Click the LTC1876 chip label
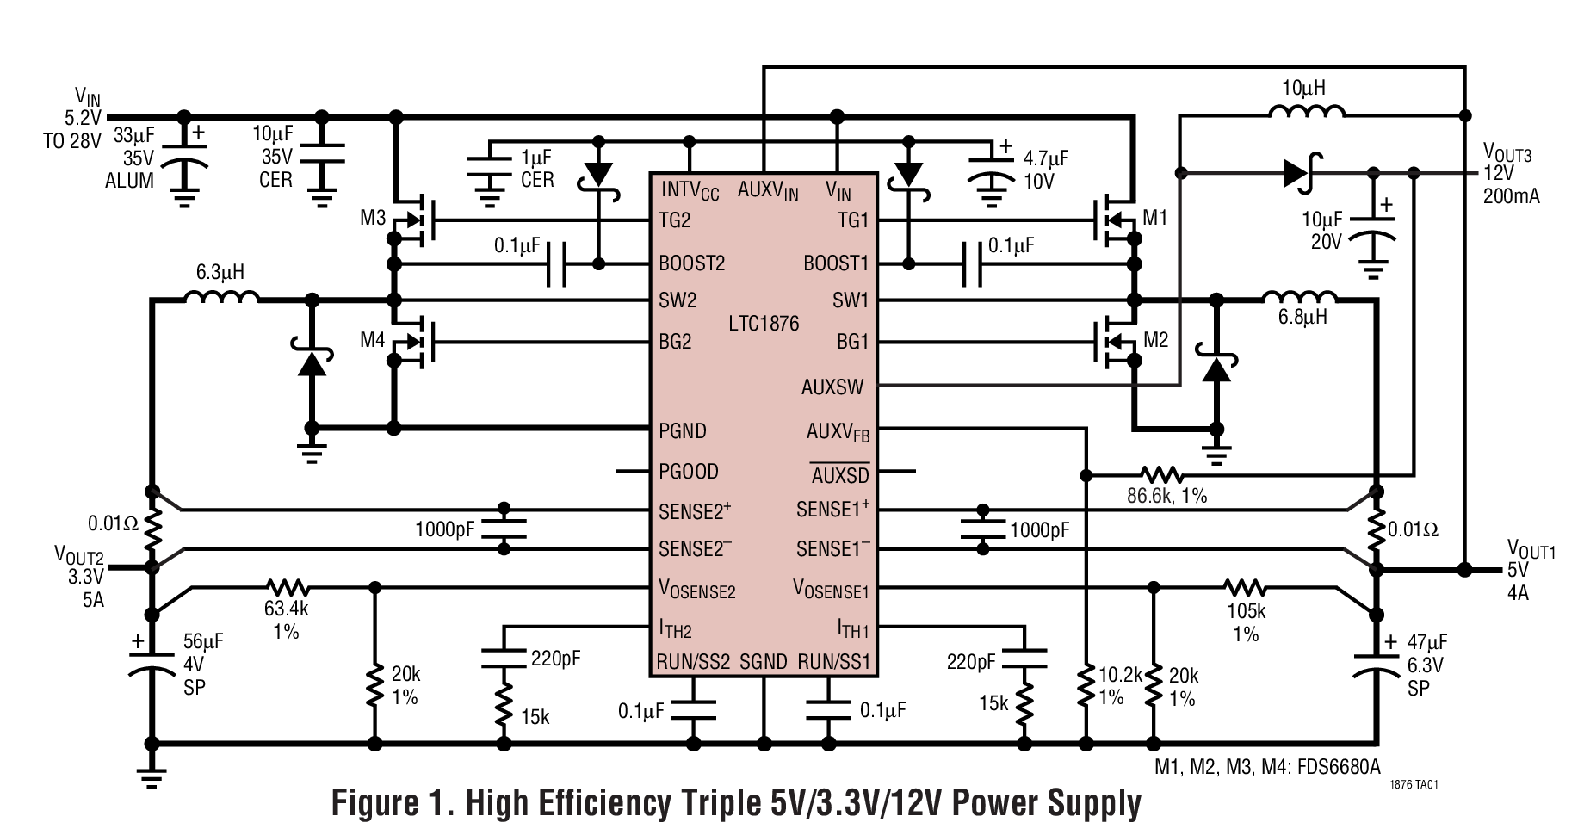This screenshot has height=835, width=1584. tap(763, 324)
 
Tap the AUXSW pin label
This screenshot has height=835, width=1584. tap(832, 387)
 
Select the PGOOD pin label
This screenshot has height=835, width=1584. tap(688, 472)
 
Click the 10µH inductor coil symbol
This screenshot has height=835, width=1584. tap(1306, 111)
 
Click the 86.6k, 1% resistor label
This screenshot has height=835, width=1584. tap(1166, 496)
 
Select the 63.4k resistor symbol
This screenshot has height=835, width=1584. tap(287, 588)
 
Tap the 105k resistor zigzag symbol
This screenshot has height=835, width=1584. tap(1245, 588)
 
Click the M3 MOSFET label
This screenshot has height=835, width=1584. tap(372, 218)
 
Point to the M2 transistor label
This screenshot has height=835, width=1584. tap(1155, 340)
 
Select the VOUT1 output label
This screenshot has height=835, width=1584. tap(1531, 549)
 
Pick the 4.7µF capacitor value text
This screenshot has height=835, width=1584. tap(1045, 158)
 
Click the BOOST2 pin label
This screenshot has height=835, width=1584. tap(691, 263)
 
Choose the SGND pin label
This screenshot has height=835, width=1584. tap(763, 662)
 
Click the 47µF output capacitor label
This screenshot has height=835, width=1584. tap(1426, 642)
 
